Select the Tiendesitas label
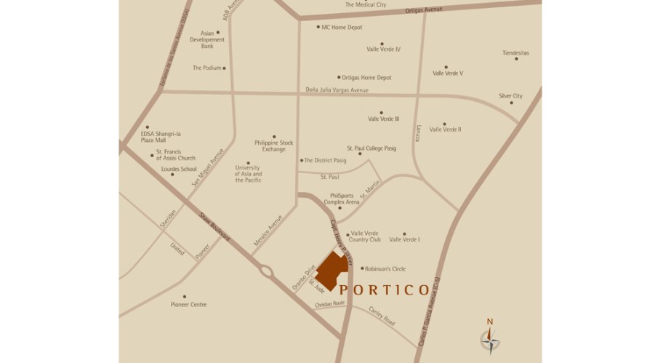coord(515,52)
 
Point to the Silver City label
coord(510,96)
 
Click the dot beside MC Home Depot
coord(317,28)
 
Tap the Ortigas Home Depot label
coord(366,77)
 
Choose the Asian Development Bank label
coord(201,39)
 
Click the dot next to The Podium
coord(225,68)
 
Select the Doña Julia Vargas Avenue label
coord(337,90)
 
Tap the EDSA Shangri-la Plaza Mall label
coord(160,137)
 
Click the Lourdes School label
coord(179,169)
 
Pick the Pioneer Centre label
coord(188,304)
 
